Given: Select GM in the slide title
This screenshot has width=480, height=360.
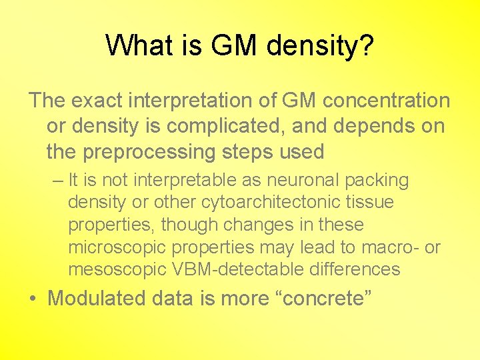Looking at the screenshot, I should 233,45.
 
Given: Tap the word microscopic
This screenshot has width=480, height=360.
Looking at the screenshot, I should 117,247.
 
